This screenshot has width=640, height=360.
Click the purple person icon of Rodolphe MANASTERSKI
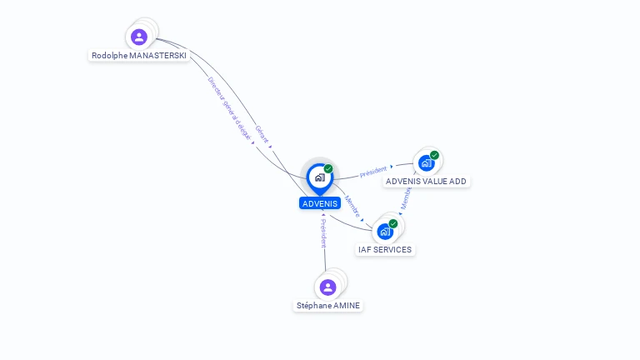pyautogui.click(x=139, y=37)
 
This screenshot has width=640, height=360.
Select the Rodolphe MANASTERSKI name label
pyautogui.click(x=139, y=56)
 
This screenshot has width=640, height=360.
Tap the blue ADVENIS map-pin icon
pyautogui.click(x=319, y=177)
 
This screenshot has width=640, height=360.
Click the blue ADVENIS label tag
pyautogui.click(x=320, y=203)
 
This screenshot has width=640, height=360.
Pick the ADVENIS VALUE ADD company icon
pyautogui.click(x=427, y=163)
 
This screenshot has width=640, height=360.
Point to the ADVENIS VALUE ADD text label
pyautogui.click(x=426, y=182)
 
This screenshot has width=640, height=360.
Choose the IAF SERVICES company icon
pyautogui.click(x=385, y=232)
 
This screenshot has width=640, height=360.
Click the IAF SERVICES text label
pyautogui.click(x=385, y=250)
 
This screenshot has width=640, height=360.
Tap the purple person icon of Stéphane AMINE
pyautogui.click(x=328, y=287)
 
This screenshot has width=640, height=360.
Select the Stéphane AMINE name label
pyautogui.click(x=328, y=306)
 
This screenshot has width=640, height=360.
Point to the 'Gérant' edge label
pyautogui.click(x=262, y=134)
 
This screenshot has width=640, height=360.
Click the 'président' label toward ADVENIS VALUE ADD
pyautogui.click(x=373, y=172)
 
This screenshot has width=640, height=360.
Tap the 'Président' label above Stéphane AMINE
pyautogui.click(x=323, y=233)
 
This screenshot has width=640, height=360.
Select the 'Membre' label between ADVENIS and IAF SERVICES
pyautogui.click(x=352, y=206)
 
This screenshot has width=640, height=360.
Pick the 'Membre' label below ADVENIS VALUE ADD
pyautogui.click(x=406, y=197)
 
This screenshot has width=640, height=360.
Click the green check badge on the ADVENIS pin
pyautogui.click(x=328, y=169)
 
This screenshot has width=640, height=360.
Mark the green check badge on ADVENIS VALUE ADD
pyautogui.click(x=435, y=155)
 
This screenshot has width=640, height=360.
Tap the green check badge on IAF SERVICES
pyautogui.click(x=393, y=223)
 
